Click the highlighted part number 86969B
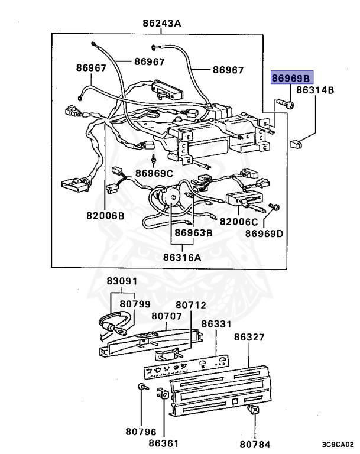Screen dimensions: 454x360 291,79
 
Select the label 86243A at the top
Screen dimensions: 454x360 161,24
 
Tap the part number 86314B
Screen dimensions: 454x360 315,90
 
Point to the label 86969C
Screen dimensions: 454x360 154,173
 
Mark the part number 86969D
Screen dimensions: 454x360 264,233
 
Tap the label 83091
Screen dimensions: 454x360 122,282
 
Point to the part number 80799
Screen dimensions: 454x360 135,304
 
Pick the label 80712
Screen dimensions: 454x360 191,305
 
